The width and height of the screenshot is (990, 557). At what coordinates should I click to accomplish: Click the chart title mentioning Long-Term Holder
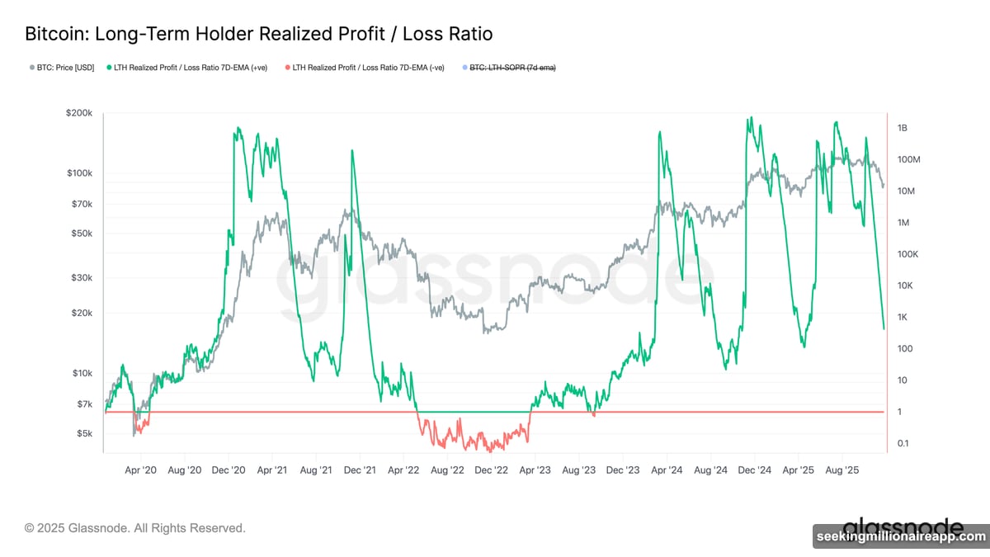click(x=258, y=34)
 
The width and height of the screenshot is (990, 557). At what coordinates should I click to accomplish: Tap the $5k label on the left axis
click(x=85, y=433)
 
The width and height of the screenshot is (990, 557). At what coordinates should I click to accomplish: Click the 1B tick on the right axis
click(x=902, y=129)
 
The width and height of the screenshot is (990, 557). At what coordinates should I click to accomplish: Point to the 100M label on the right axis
click(x=907, y=160)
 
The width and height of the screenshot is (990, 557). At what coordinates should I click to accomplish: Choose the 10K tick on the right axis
click(x=905, y=286)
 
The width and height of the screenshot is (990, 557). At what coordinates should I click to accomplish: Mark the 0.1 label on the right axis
click(x=903, y=443)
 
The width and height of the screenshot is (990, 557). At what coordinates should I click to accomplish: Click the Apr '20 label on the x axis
click(x=140, y=470)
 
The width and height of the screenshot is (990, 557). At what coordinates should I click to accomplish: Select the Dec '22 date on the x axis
click(x=491, y=470)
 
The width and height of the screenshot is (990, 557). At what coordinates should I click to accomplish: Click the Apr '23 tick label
click(x=534, y=470)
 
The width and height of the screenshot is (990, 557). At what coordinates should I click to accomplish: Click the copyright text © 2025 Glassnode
click(x=135, y=527)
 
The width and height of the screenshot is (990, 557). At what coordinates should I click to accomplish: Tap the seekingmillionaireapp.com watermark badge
click(x=900, y=536)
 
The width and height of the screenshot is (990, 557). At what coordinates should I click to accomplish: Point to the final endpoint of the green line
click(x=884, y=328)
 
